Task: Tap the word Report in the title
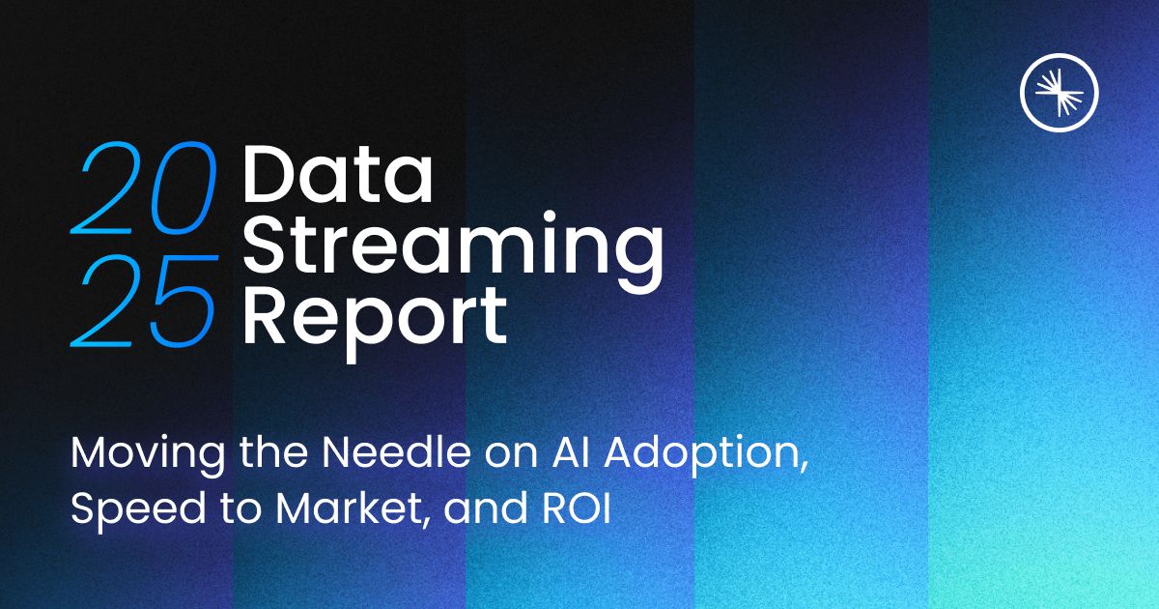(x=375, y=311)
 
